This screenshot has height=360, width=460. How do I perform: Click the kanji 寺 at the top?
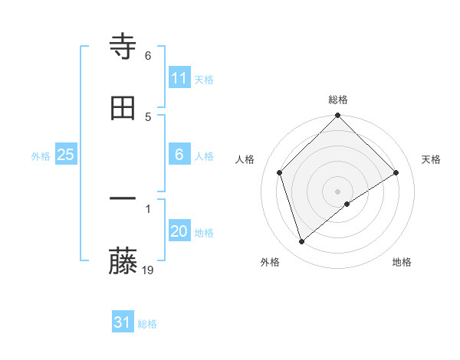coord(123,47)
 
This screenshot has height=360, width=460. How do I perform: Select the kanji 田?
coord(123,108)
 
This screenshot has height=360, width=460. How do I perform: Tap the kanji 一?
coord(123,198)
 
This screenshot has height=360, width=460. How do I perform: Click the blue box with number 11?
coord(179,78)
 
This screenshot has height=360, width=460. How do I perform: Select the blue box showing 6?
coord(179,155)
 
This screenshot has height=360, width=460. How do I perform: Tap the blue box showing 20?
coord(179,231)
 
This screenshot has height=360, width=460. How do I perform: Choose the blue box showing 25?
coord(66,155)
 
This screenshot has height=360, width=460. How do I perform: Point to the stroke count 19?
coord(149,270)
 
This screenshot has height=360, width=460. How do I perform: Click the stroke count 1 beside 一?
coord(148,208)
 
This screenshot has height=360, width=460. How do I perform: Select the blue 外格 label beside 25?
coord(41,155)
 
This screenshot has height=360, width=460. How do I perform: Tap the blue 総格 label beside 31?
coord(147,324)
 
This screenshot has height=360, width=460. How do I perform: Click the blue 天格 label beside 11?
coord(204,79)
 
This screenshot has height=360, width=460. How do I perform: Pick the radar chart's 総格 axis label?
coord(338,100)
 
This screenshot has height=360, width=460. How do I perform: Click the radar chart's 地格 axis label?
coord(402,262)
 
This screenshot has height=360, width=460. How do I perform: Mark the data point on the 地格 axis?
coord(347,204)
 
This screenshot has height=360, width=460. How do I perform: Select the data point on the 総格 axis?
coord(338,116)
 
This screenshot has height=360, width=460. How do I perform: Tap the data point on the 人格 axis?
coord(280,172)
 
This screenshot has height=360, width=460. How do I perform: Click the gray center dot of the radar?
coord(338,191)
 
